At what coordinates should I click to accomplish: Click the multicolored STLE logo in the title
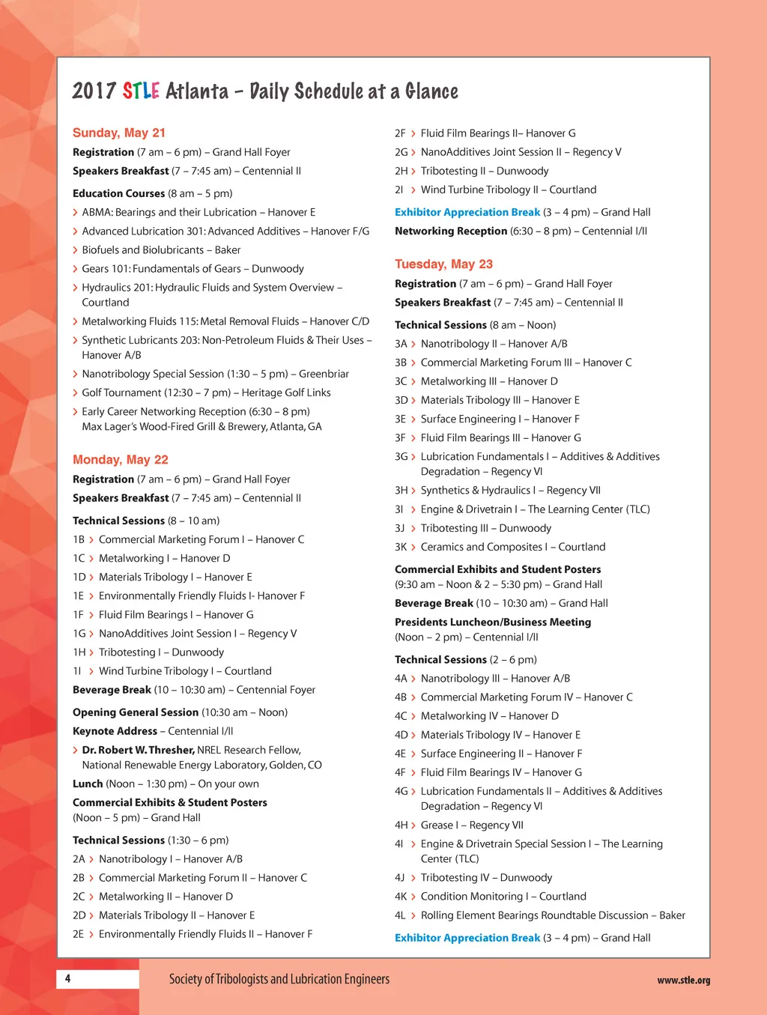141,91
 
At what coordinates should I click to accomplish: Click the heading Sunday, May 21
118,133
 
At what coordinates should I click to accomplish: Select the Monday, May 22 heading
120,459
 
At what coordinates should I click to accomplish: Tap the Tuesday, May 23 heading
443,264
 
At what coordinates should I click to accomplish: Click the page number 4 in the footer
67,978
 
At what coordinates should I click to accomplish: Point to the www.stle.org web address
683,980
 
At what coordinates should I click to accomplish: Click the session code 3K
401,547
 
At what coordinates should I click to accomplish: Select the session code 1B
79,539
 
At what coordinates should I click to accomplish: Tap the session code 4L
400,915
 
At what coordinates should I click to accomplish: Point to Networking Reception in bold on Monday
451,231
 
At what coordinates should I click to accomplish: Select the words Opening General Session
136,712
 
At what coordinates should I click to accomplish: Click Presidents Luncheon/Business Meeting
493,622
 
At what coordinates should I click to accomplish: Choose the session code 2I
399,190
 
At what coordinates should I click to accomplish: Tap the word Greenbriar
324,374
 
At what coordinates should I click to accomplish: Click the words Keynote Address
115,731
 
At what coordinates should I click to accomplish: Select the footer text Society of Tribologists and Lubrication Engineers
279,979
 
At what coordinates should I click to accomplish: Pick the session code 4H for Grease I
401,825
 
